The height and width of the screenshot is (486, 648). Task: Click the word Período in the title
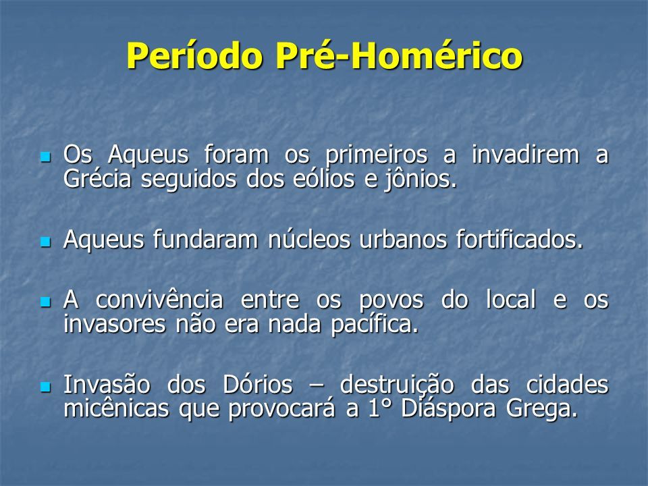(195, 55)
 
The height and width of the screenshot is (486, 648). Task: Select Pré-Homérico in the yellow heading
(399, 55)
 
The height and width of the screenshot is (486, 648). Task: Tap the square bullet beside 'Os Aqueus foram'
(45, 157)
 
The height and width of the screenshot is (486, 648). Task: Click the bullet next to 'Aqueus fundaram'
(45, 242)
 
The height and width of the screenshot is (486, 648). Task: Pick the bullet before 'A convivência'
(45, 302)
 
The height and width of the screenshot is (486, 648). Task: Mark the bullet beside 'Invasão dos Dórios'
(45, 387)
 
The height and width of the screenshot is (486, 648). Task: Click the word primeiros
(376, 156)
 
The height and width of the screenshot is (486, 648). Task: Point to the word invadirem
(525, 155)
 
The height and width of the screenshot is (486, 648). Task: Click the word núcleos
(309, 239)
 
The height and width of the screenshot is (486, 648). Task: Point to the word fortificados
(520, 239)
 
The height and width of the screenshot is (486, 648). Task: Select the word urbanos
(403, 239)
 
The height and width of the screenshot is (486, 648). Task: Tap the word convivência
(159, 300)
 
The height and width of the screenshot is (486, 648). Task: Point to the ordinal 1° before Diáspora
(379, 408)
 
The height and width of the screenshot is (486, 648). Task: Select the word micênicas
(116, 408)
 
